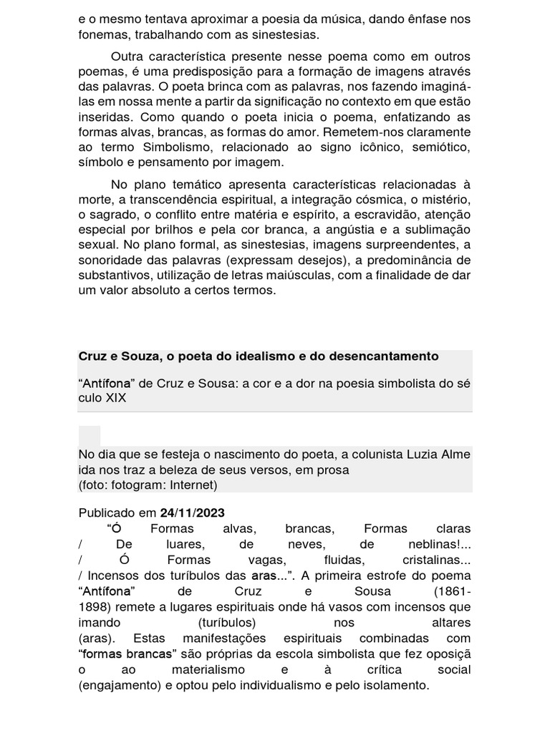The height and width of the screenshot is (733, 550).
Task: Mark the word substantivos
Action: pos(117,276)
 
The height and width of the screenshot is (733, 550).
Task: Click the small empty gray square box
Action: pos(90,436)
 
